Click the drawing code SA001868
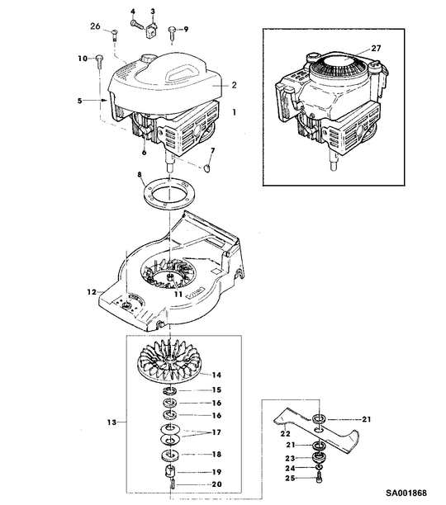(x=406, y=493)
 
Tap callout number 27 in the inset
(x=376, y=49)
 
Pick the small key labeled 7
(x=206, y=168)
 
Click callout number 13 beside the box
(x=111, y=422)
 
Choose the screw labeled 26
(x=115, y=35)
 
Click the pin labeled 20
(x=173, y=484)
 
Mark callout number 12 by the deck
(x=92, y=292)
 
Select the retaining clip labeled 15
(x=170, y=391)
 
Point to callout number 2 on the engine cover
(x=235, y=85)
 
